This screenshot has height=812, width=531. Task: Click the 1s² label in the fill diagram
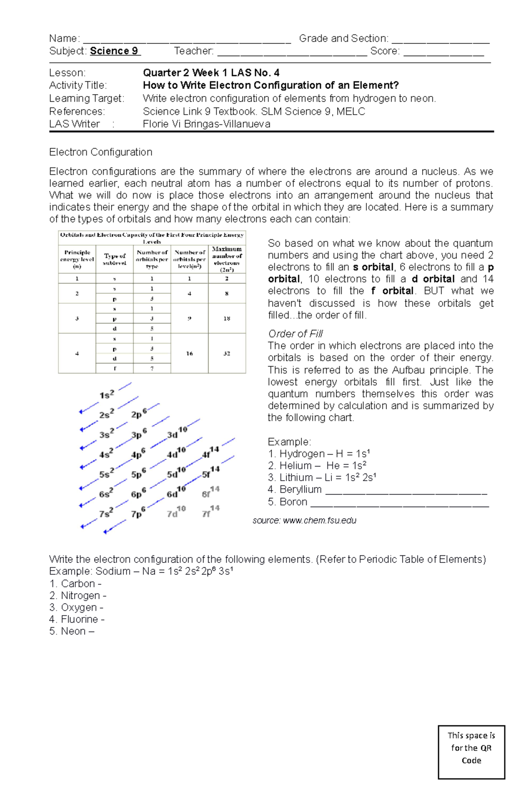pos(107,395)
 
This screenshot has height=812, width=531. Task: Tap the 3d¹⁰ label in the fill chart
pos(177,433)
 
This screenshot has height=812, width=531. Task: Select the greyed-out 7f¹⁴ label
pos(211,512)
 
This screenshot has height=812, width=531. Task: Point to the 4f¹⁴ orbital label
pos(210,453)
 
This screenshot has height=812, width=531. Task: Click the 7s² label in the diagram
pos(106,513)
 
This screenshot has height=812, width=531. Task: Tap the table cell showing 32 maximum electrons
pos(227,354)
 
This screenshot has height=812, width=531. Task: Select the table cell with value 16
pos(189,354)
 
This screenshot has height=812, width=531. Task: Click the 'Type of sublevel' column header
pos(115,259)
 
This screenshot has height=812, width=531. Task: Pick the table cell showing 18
pos(227,318)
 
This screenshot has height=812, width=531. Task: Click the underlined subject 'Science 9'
pos(115,51)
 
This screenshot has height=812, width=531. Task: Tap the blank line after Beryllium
pos(406,491)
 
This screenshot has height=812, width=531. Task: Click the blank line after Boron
pos(400,503)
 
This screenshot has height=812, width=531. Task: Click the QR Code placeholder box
pos(471,748)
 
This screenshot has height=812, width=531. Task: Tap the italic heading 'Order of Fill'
pos(295,334)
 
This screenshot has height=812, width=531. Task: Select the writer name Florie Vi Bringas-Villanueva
pos(206,124)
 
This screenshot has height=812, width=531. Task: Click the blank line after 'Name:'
pos(186,39)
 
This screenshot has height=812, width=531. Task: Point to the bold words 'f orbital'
pos(392,291)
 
